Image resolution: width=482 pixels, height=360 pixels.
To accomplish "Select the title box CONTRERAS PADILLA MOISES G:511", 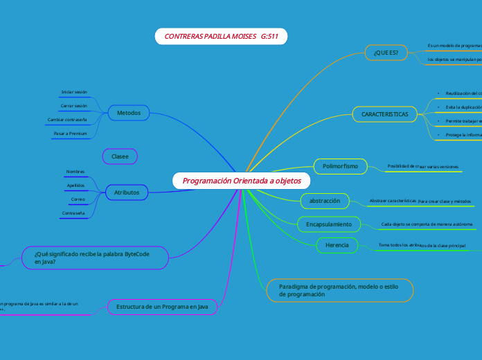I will click(221, 36).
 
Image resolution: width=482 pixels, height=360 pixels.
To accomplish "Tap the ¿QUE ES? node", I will click(386, 53).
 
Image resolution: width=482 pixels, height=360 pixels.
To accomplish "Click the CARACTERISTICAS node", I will click(385, 114).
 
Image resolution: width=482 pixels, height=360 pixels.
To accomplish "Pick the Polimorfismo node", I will click(340, 166).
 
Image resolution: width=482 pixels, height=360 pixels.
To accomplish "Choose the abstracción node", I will click(324, 201).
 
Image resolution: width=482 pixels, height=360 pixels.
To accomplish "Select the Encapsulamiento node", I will click(329, 224).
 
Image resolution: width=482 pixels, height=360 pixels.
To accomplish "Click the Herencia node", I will click(337, 245).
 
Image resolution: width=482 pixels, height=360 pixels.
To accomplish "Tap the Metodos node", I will click(129, 113).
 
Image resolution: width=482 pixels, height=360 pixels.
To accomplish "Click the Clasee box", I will click(120, 157).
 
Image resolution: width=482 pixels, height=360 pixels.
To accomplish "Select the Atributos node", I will click(127, 192).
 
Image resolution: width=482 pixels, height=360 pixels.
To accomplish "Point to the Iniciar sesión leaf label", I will click(74, 92).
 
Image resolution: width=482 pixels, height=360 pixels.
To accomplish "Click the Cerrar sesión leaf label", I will click(74, 106).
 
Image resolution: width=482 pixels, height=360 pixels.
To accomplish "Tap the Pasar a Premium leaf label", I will click(70, 133).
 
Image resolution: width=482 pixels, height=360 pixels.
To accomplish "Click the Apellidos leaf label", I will click(75, 186).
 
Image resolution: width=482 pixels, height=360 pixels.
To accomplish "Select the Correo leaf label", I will click(78, 199).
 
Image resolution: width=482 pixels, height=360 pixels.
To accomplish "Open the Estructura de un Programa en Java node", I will click(162, 306).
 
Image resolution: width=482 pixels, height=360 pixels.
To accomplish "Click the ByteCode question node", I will click(96, 258).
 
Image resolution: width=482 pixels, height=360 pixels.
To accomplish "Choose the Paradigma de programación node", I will click(340, 290).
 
